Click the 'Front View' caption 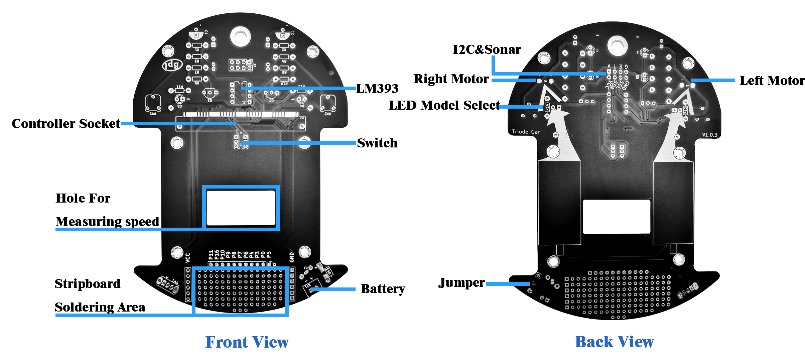pos(247,342)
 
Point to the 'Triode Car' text pos(526,132)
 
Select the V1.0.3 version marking pos(709,135)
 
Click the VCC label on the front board pos(188,257)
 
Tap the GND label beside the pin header pos(292,257)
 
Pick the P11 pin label pos(211,255)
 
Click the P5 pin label pos(269,255)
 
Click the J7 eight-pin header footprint pos(240,65)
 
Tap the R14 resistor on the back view pos(547,107)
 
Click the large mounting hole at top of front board pos(240,36)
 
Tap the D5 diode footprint pos(329,272)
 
